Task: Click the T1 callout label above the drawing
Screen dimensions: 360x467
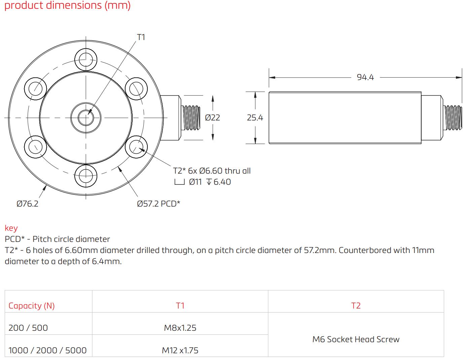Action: (x=141, y=37)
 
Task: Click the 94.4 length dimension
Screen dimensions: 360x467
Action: (x=365, y=77)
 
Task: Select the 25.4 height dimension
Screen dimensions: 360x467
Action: (x=255, y=118)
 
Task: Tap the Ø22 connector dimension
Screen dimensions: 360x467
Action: (x=212, y=118)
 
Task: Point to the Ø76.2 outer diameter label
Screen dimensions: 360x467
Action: (x=28, y=204)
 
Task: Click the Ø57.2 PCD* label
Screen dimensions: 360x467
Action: (x=158, y=204)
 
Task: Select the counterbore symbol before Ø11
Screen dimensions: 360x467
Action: (x=179, y=182)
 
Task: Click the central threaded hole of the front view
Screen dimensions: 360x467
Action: (x=86, y=117)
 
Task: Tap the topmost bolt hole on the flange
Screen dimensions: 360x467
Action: (x=86, y=60)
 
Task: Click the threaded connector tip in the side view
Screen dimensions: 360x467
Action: (x=453, y=118)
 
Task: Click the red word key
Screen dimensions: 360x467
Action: (x=11, y=228)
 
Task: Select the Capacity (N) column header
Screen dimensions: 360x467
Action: (x=31, y=305)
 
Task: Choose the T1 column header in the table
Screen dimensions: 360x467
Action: (x=180, y=305)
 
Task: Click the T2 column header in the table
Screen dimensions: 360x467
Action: (x=356, y=305)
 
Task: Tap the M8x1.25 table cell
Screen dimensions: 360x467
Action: (x=180, y=328)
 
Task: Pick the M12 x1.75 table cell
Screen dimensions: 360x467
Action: (x=180, y=350)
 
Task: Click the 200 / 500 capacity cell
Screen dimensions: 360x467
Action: (x=28, y=328)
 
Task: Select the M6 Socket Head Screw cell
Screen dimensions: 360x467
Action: (x=356, y=339)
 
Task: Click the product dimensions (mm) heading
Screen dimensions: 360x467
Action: (x=67, y=5)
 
